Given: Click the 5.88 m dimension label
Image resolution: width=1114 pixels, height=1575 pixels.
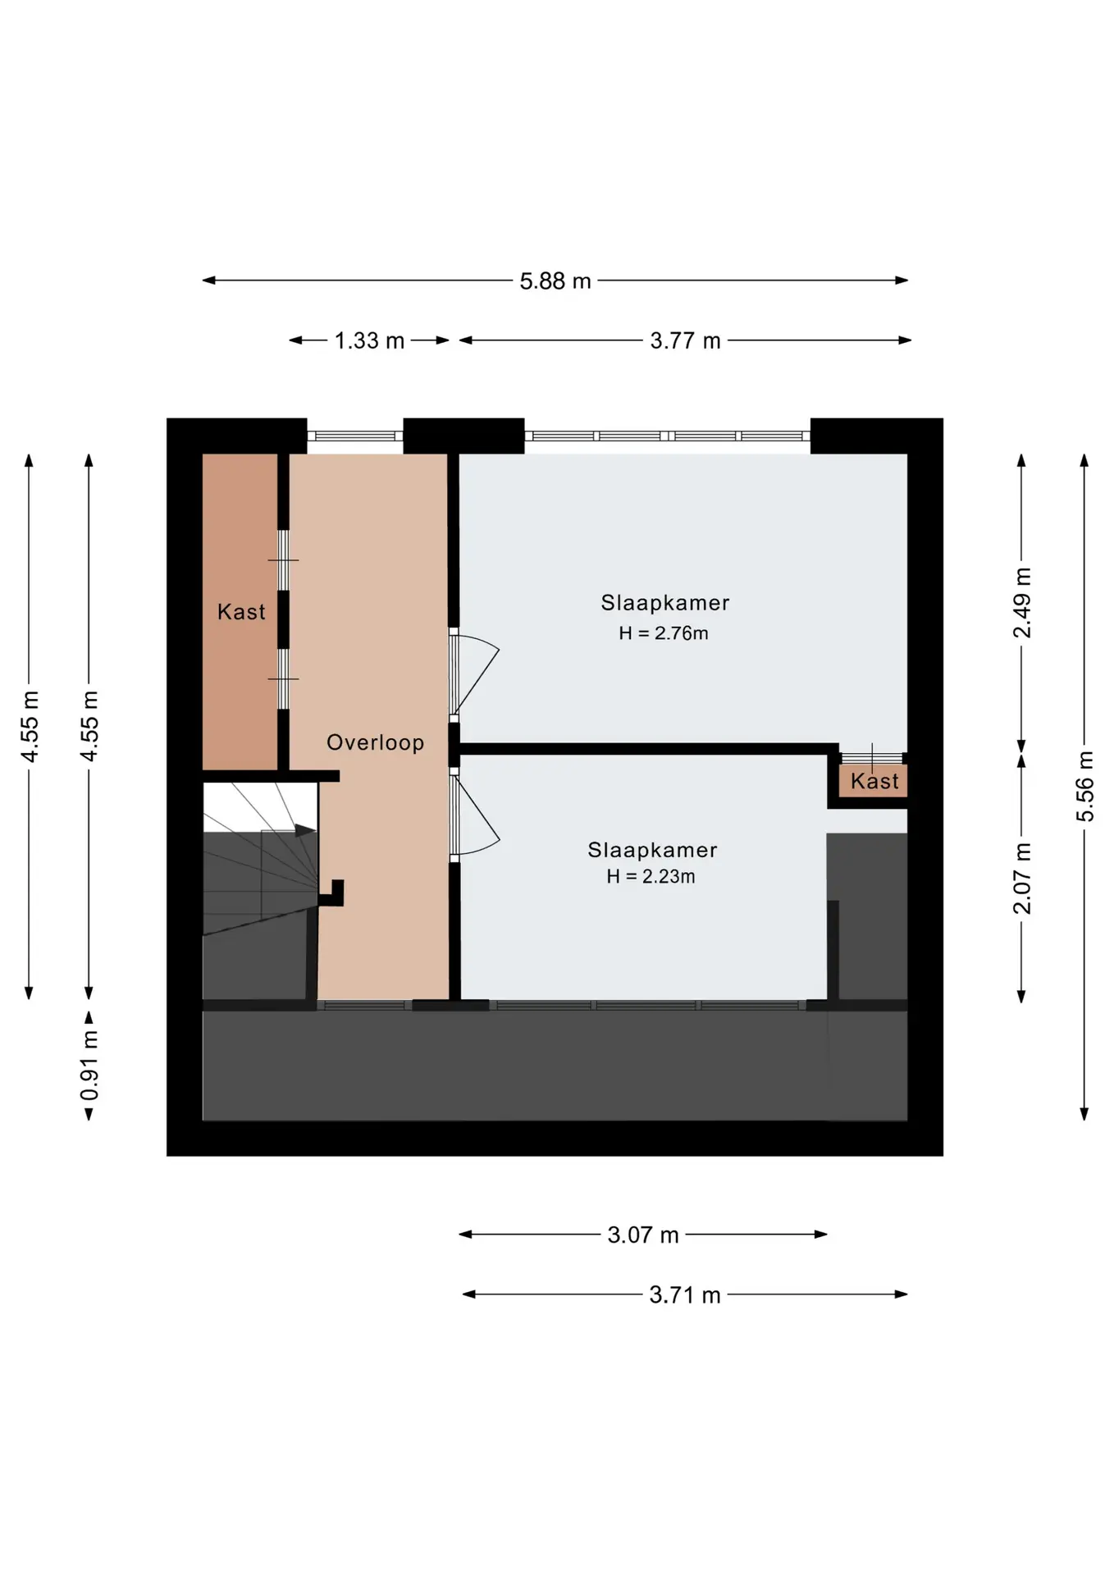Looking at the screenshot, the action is point(555,281).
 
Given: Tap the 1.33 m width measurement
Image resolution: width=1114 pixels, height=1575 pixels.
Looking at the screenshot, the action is point(369,341).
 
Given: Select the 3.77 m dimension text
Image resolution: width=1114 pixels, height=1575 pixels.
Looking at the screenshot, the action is point(685,341).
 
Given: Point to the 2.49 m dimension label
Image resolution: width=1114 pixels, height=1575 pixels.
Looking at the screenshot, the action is point(1022,602).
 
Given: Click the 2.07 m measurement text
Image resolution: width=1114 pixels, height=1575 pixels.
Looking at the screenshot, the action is point(1022,879).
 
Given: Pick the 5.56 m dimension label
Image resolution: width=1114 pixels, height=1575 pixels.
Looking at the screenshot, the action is point(1084,786).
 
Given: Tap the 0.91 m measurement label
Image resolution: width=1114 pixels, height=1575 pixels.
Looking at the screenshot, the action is point(89,1066).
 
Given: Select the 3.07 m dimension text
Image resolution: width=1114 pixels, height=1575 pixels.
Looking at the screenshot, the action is point(643,1235).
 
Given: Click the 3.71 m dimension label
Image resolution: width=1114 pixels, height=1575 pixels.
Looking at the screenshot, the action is point(685,1295).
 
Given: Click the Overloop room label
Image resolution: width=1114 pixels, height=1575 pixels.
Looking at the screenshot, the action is point(376,742).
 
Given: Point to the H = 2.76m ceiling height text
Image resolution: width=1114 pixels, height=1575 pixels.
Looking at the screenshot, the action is point(664,633).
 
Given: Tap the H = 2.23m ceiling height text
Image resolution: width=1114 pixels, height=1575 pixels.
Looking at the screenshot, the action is point(651,877).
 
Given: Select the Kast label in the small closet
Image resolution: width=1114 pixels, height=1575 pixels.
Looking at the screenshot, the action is point(874,782).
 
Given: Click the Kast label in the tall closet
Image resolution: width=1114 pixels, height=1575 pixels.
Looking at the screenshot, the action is point(241,612).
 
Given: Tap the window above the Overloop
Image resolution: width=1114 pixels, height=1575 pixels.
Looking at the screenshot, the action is point(355,436).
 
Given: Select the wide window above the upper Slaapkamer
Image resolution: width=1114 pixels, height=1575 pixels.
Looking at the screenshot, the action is point(668,436).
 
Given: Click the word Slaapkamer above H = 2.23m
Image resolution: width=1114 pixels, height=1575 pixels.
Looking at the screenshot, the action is point(652,851).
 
